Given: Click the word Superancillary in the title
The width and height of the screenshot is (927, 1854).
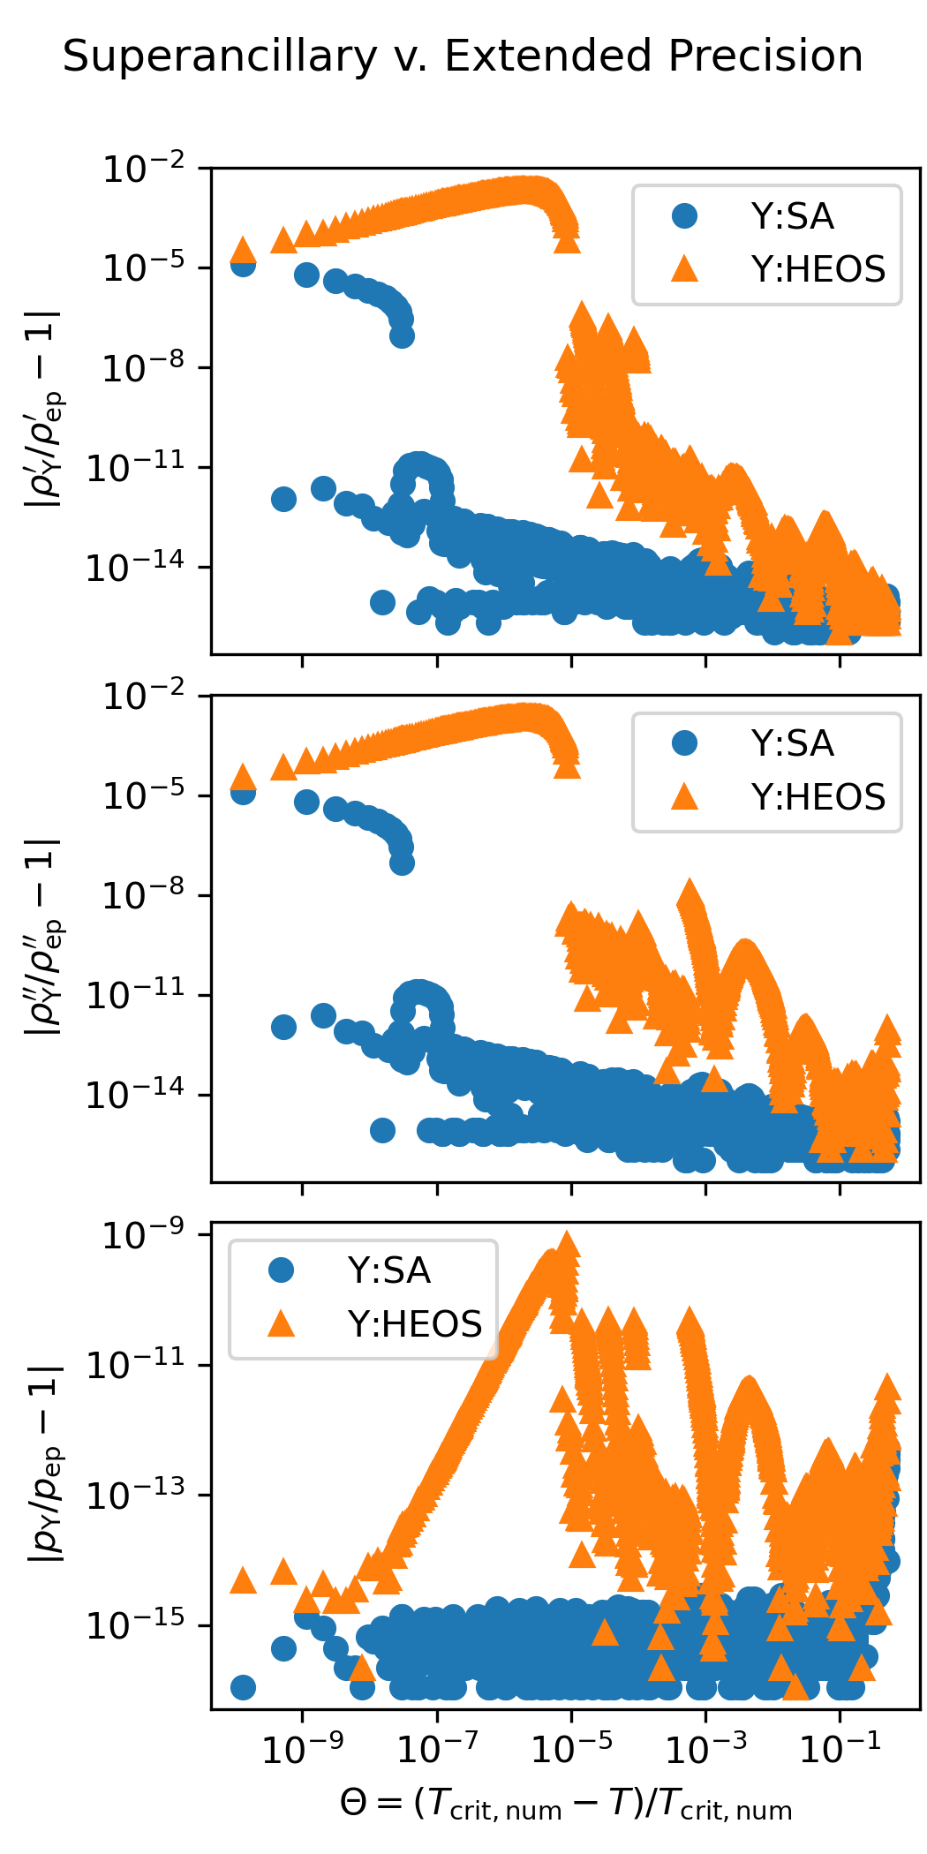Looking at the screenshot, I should (x=220, y=57).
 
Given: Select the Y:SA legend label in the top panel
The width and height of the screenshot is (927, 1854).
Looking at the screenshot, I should (x=792, y=216).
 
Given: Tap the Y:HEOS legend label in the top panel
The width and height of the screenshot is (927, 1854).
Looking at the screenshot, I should (x=818, y=269).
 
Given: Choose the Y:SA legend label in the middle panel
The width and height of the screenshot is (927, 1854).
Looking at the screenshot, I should (x=792, y=743).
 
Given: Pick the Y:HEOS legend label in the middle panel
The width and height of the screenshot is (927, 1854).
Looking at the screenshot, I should (x=818, y=796).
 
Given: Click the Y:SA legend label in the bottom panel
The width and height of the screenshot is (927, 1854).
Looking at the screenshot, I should (x=388, y=1270).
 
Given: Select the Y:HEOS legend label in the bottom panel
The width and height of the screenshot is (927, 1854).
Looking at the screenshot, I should (x=414, y=1323).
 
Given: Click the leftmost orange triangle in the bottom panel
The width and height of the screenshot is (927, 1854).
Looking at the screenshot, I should (x=243, y=1580).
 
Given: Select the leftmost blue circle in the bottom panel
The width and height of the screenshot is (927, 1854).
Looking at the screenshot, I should (x=243, y=1687).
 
